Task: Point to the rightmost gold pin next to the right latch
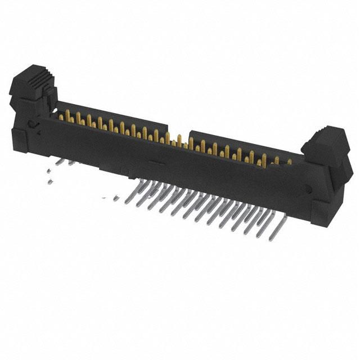pyautogui.click(x=289, y=162)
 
